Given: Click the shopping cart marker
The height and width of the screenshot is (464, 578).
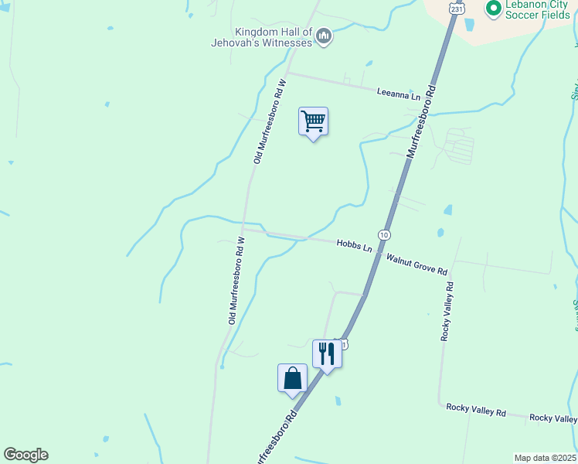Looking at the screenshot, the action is click(x=313, y=121).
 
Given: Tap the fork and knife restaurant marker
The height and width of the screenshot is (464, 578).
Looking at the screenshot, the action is click(x=327, y=354).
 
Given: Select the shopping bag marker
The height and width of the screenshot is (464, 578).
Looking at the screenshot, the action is click(x=292, y=378).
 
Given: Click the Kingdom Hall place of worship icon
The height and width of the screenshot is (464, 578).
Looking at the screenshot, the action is click(x=325, y=36).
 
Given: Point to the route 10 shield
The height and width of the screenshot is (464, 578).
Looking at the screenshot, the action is click(x=384, y=234).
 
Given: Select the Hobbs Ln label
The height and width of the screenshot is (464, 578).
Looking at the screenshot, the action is click(x=355, y=244).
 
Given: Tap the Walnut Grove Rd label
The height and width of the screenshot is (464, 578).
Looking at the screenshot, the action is click(x=417, y=265).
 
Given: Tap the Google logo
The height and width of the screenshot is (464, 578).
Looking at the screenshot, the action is click(x=25, y=455).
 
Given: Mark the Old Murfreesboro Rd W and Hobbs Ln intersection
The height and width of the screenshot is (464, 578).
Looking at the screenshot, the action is click(x=243, y=229).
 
